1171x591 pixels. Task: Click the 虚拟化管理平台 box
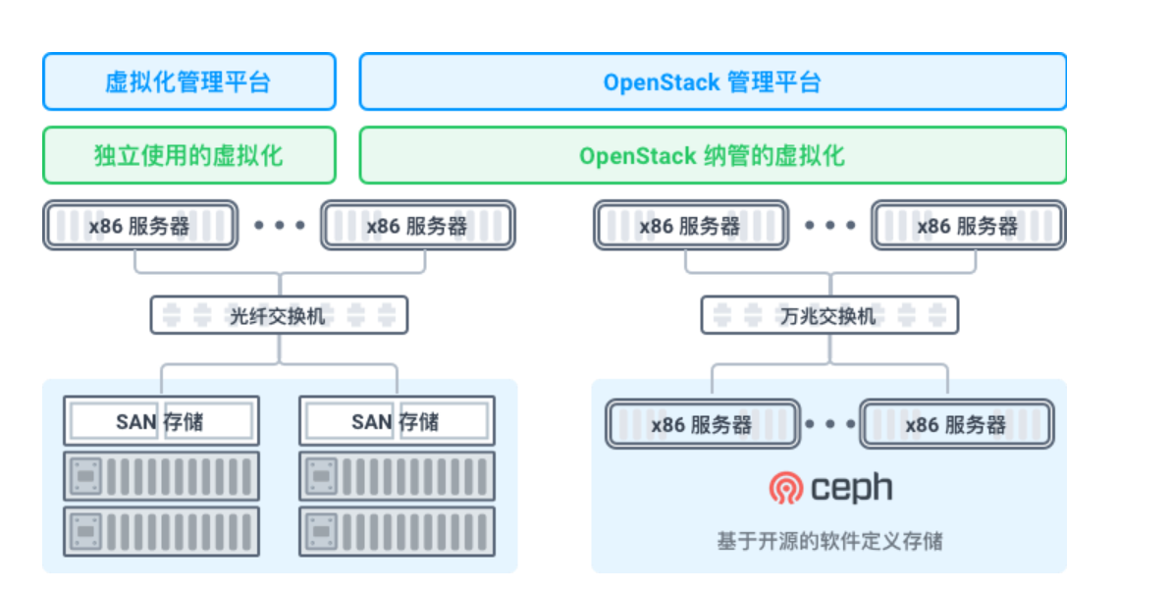(188, 81)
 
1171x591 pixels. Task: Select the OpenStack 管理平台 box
(712, 81)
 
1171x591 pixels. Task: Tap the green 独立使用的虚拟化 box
(188, 155)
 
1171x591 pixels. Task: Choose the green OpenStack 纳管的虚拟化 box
(712, 155)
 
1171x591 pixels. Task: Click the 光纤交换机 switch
(278, 315)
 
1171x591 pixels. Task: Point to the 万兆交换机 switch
(828, 315)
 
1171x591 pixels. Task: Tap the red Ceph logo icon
(785, 487)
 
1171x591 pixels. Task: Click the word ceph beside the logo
(851, 487)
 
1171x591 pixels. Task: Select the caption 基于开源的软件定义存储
(829, 540)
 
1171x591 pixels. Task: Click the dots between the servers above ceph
(830, 424)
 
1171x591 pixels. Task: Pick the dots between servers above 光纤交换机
(280, 225)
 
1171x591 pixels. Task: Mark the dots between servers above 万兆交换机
(830, 225)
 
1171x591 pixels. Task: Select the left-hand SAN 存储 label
(160, 421)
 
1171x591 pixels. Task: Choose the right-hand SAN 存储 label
(396, 421)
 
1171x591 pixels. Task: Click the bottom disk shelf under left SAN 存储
(161, 531)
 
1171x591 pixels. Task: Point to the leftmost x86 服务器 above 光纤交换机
(139, 225)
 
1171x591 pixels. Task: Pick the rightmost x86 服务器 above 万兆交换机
(968, 225)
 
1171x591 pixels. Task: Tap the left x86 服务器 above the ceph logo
(701, 424)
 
